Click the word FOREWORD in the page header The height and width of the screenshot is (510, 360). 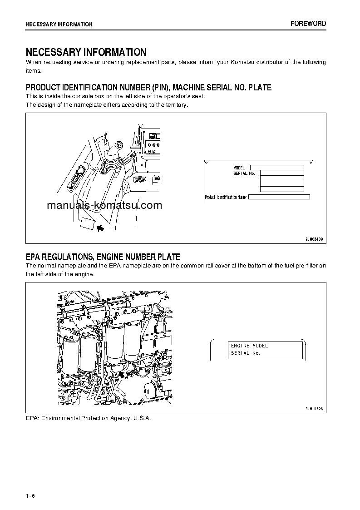coord(308,24)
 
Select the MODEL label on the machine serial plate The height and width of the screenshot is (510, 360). coord(239,168)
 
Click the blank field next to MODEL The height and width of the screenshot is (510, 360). coord(277,168)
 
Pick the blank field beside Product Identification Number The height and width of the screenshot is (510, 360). coord(279,197)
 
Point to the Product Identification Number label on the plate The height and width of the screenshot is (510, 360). coord(226,198)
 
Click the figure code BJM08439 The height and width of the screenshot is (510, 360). coord(314,238)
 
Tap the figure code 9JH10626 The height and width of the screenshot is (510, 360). coord(314,409)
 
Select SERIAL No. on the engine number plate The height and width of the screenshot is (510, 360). coord(246,353)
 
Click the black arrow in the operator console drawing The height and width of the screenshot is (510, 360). coord(100,228)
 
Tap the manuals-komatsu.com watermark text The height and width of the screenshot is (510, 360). coord(104,205)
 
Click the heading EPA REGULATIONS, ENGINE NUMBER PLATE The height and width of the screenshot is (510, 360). coord(103,257)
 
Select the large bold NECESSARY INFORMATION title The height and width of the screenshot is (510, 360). coord(86,52)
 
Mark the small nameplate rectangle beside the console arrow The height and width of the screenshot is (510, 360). coord(87,224)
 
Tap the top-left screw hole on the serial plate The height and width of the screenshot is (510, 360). coord(207,162)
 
